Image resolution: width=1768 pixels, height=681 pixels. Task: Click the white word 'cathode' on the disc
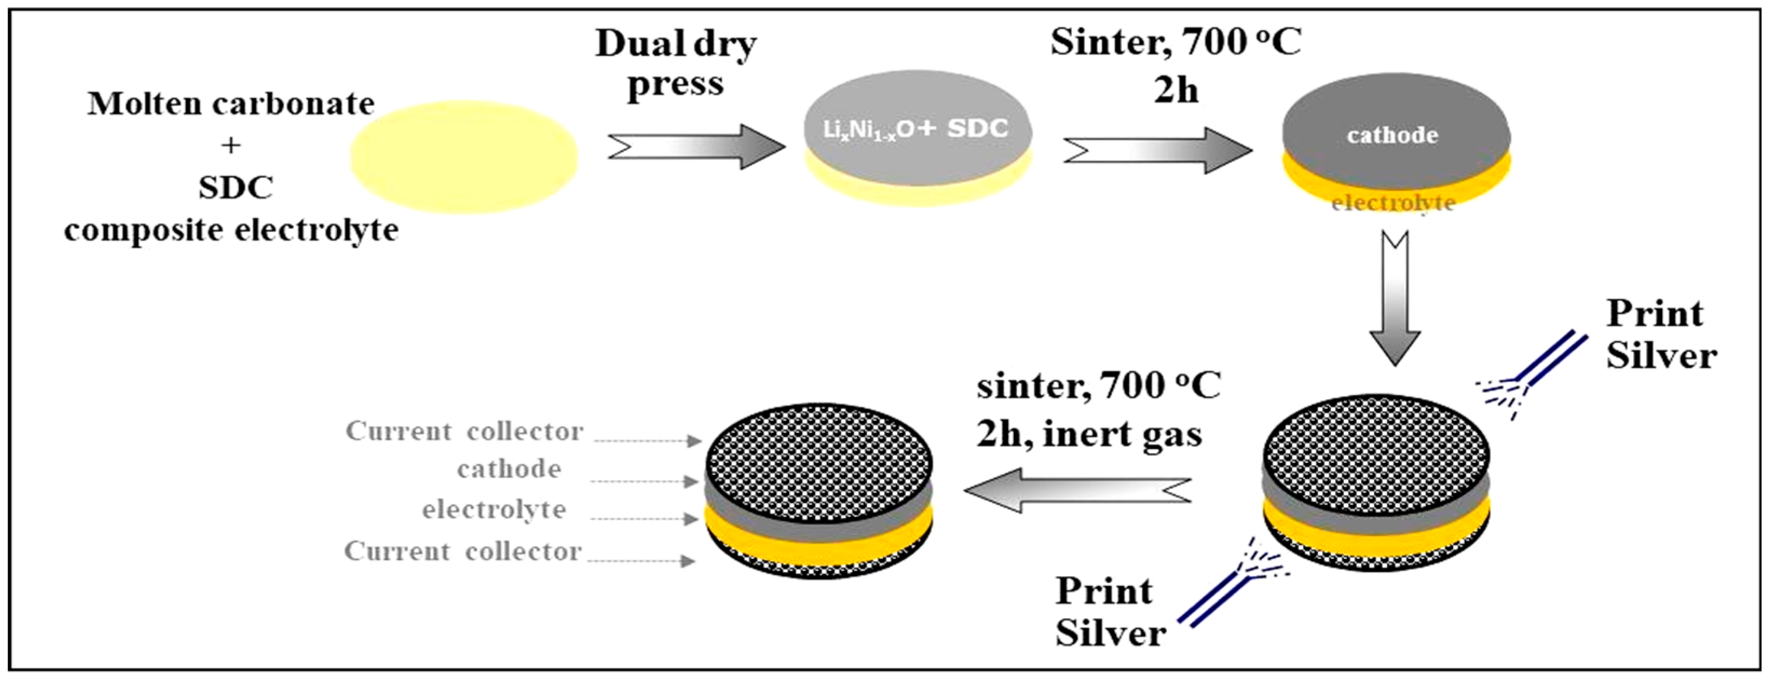point(1392,135)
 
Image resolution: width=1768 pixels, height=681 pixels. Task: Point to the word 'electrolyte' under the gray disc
point(1393,203)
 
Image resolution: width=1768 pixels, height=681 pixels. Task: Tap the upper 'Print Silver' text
point(1661,335)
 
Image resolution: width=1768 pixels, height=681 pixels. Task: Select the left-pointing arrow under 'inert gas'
point(1077,490)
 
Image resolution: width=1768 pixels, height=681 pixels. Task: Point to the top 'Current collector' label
point(465,431)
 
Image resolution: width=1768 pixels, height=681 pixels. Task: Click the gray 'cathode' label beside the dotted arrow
point(509,469)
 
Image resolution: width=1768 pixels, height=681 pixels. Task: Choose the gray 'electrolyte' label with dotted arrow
point(494,510)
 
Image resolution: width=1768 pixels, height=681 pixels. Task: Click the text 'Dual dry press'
point(676,63)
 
